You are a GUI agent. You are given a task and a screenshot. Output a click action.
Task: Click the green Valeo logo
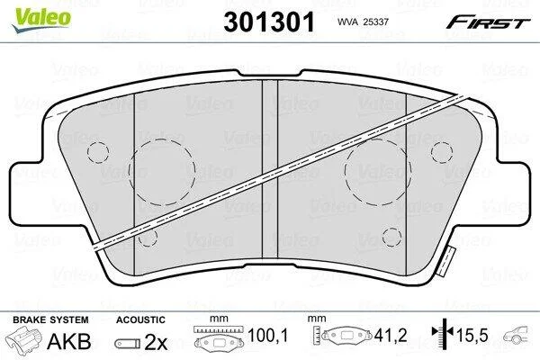click(41, 20)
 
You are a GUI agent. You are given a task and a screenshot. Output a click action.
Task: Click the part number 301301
click(269, 22)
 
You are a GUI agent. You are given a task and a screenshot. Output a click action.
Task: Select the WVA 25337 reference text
click(363, 22)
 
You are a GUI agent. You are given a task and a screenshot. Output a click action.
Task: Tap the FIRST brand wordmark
click(488, 22)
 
